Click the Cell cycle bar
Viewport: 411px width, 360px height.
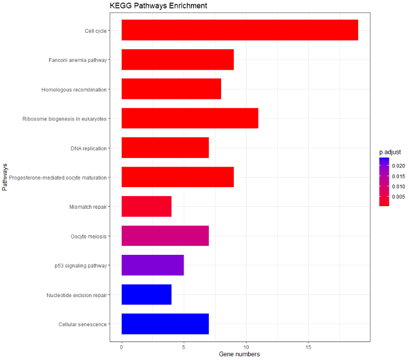(x=240, y=30)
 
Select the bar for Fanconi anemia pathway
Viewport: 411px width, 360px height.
(x=178, y=60)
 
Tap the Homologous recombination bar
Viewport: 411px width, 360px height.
(x=171, y=89)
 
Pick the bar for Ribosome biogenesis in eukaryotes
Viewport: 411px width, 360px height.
(x=190, y=118)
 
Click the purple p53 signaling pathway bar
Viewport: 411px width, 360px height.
(x=152, y=265)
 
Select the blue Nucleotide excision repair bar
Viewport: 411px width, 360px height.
(x=147, y=294)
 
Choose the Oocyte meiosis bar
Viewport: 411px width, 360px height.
(x=165, y=236)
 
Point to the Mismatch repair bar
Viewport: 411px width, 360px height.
(x=147, y=206)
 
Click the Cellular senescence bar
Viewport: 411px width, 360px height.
(x=165, y=324)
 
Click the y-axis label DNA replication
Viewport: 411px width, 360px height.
(x=88, y=149)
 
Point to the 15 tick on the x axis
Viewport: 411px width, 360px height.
(x=308, y=347)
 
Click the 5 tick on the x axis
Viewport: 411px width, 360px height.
(x=184, y=347)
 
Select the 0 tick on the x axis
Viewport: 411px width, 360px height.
(x=122, y=347)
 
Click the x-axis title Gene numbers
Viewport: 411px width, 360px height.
(x=239, y=354)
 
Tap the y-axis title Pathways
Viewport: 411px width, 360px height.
(x=5, y=177)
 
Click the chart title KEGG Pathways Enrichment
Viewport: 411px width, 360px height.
(x=158, y=6)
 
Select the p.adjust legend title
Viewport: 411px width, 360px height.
(x=390, y=152)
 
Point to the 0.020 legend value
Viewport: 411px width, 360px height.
(x=399, y=166)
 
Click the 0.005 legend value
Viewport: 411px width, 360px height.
(x=399, y=197)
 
